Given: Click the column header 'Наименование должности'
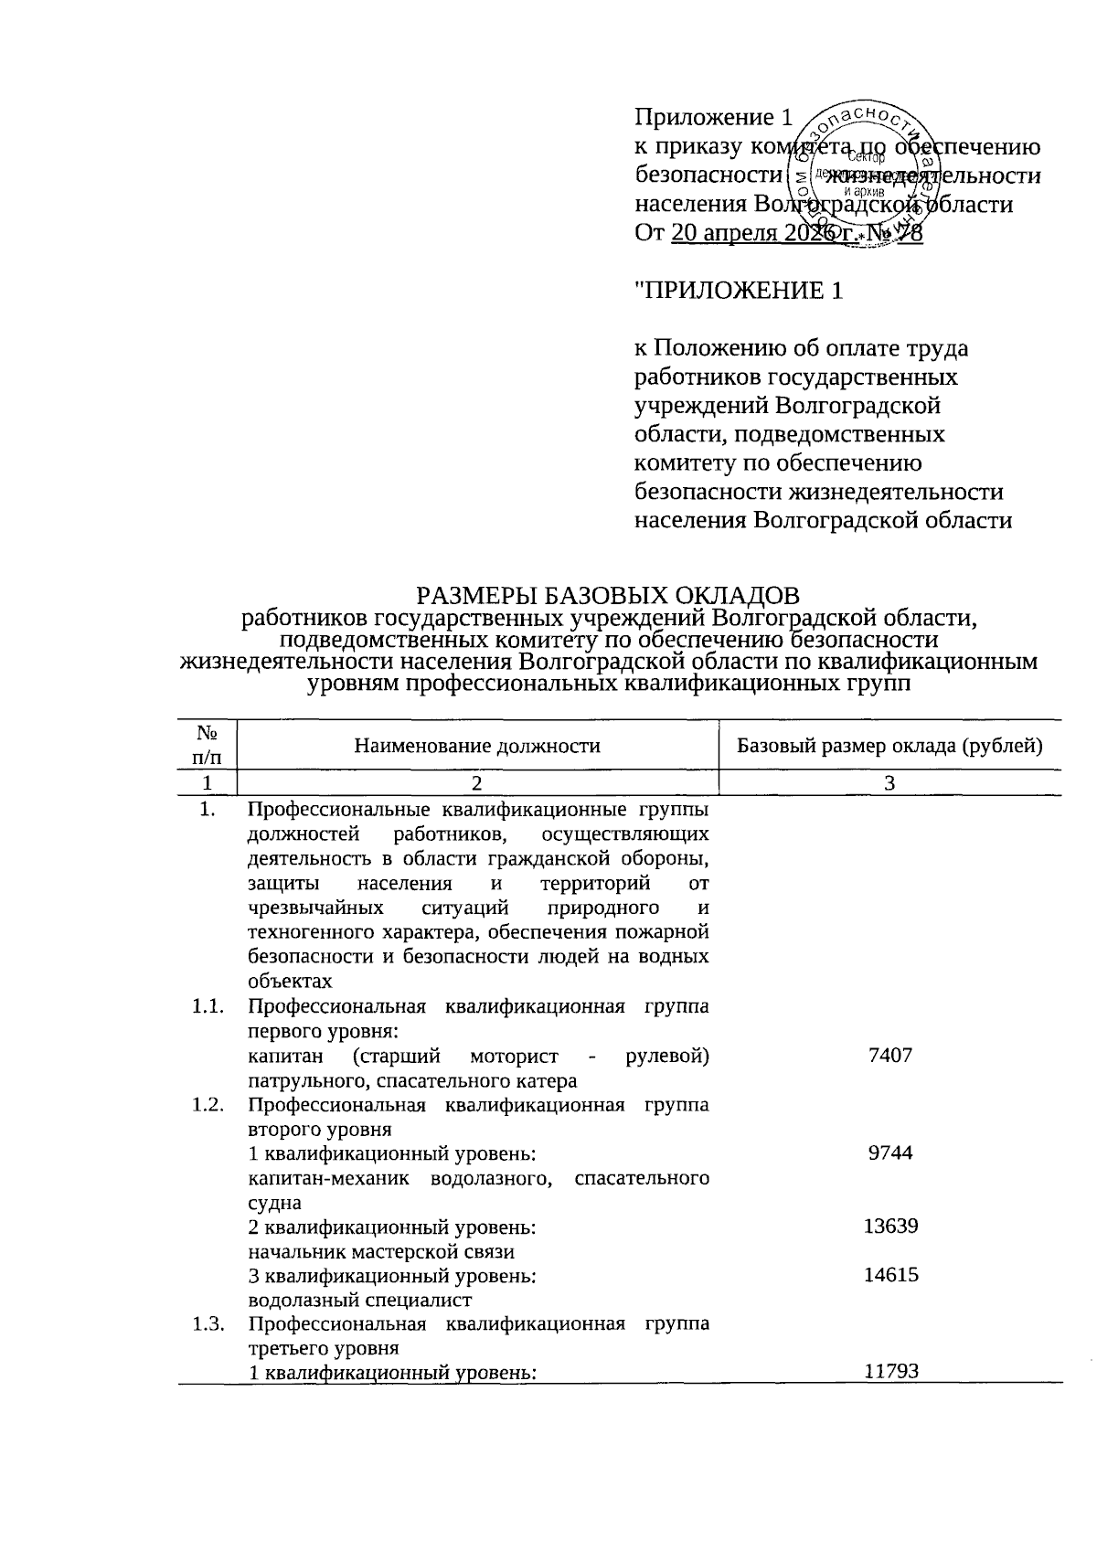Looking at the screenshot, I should pyautogui.click(x=477, y=746).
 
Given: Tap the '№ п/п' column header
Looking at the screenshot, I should pyautogui.click(x=207, y=745).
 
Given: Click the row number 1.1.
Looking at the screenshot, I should pyautogui.click(x=208, y=1007).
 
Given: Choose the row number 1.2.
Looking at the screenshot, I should pyautogui.click(x=208, y=1105).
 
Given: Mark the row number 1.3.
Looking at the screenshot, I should pyautogui.click(x=208, y=1324).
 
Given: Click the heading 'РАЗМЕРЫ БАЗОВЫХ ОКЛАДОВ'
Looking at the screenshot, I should pyautogui.click(x=608, y=596).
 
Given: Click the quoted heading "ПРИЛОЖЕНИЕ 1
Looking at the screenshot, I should pyautogui.click(x=739, y=291).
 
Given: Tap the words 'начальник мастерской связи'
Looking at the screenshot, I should pyautogui.click(x=381, y=1251).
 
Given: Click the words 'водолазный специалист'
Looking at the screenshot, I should pyautogui.click(x=359, y=1300).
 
